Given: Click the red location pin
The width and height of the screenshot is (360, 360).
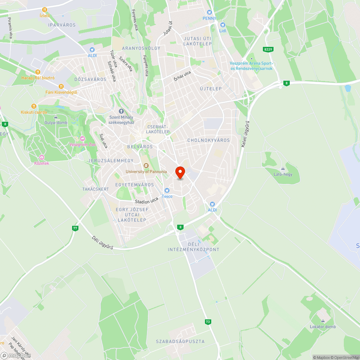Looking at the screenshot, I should [180, 172].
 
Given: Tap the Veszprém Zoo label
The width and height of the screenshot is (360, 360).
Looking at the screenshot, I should [82, 144].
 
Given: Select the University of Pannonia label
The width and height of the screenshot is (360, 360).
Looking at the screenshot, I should [146, 171].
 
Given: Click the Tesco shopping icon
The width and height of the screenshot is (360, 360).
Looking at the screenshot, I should [167, 190].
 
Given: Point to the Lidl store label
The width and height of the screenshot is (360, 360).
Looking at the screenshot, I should [222, 30].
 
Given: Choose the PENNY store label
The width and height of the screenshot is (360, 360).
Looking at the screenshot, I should [209, 18].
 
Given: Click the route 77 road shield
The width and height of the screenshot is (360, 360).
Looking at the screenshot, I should [75, 228].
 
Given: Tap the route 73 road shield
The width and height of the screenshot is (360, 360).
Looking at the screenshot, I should [208, 322].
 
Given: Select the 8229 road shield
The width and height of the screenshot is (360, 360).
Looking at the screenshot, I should [267, 49].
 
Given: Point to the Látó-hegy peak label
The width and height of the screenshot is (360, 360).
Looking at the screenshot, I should [283, 174].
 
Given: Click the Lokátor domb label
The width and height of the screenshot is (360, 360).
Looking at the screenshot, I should [323, 327].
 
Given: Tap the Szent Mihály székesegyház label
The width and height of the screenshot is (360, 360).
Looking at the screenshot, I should [121, 120].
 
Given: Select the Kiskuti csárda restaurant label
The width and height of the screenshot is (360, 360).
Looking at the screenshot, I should [34, 112].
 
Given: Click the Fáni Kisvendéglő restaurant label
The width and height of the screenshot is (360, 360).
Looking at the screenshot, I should [61, 92].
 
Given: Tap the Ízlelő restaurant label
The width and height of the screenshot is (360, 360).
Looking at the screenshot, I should [45, 15].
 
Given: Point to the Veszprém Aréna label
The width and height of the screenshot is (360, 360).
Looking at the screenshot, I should [251, 66].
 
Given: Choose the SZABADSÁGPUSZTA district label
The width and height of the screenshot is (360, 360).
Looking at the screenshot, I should [180, 341].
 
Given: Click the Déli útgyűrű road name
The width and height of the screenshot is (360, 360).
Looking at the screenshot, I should [103, 244].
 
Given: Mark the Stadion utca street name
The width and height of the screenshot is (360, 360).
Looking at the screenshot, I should [147, 201].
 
